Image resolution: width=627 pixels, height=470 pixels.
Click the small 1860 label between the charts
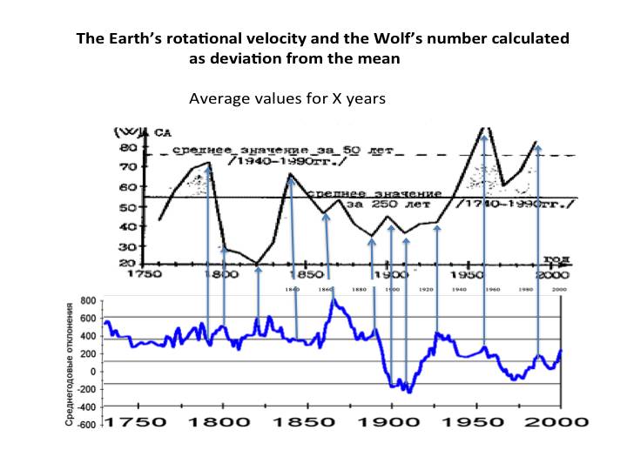pyautogui.click(x=326, y=288)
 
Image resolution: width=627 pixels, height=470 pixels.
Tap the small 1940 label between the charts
pyautogui.click(x=460, y=288)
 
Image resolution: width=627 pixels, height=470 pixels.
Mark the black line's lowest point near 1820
pyautogui.click(x=258, y=263)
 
